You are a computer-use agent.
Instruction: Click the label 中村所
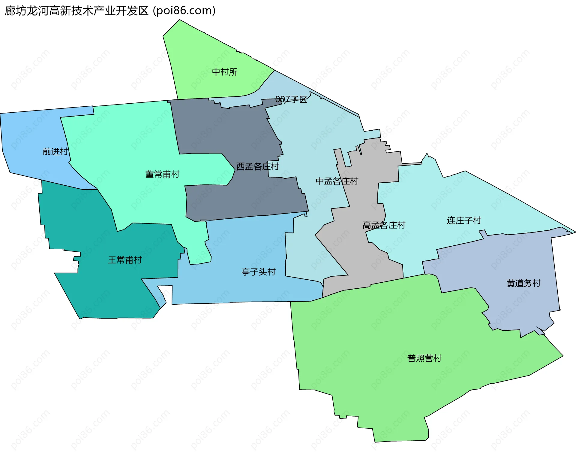tap(224, 72)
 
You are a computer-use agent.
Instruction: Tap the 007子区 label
tap(291, 99)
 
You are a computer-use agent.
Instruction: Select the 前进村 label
tap(55, 151)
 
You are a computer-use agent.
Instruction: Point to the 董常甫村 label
tap(162, 174)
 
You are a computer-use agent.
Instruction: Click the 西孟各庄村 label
tap(257, 166)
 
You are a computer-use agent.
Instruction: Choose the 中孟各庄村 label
tap(337, 181)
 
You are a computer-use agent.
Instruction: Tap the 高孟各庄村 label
tap(384, 225)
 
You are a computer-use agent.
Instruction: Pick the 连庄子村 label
tap(464, 220)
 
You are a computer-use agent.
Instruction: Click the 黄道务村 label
tap(523, 283)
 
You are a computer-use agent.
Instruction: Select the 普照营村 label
tap(424, 358)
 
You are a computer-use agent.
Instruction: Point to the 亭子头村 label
tap(258, 272)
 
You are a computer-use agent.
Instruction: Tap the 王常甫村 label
tap(125, 260)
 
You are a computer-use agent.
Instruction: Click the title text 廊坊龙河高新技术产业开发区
tap(76, 11)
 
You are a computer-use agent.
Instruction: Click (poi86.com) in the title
tap(184, 11)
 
